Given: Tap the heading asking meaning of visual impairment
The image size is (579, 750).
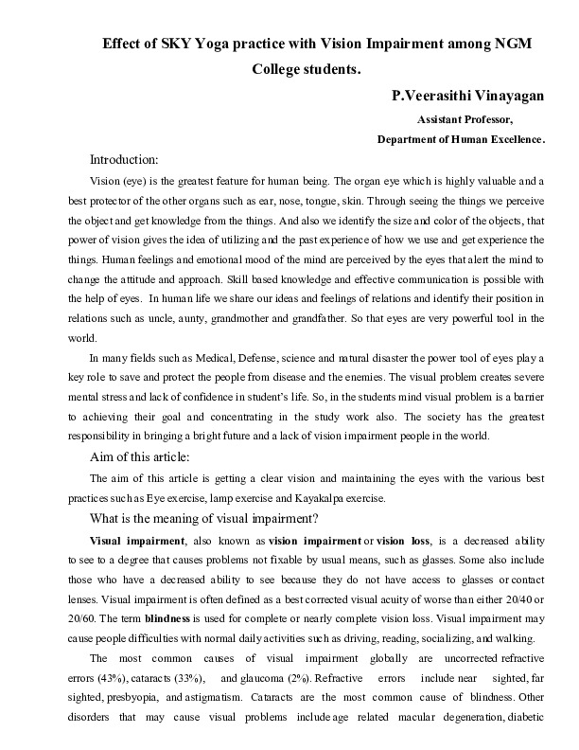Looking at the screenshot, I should [x=203, y=518].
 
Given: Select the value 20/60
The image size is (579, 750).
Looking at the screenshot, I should [x=82, y=617].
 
